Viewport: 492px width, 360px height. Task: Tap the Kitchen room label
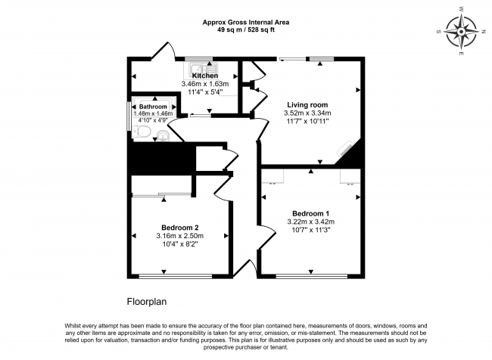(205, 76)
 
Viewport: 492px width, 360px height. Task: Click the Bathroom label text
(153, 107)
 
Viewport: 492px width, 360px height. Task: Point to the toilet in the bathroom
(144, 132)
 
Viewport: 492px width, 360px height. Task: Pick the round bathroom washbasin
(164, 135)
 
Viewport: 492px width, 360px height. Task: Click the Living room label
(307, 105)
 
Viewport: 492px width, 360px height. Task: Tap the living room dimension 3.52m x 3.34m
(307, 113)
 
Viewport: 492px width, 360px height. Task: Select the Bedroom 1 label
(310, 213)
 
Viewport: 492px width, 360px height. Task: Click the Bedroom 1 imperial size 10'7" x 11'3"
(310, 230)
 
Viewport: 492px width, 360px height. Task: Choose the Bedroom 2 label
(179, 228)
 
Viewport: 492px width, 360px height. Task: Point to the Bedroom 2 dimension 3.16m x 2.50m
(179, 236)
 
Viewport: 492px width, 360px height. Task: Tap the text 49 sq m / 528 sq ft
(245, 31)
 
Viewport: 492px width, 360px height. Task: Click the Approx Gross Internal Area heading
(245, 23)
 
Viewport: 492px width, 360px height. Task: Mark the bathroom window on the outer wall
(127, 118)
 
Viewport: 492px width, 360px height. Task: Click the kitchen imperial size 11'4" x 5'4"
(205, 92)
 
